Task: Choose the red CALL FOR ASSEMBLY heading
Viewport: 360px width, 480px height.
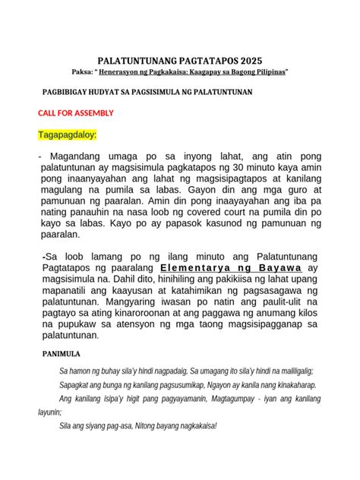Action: (x=76, y=113)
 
